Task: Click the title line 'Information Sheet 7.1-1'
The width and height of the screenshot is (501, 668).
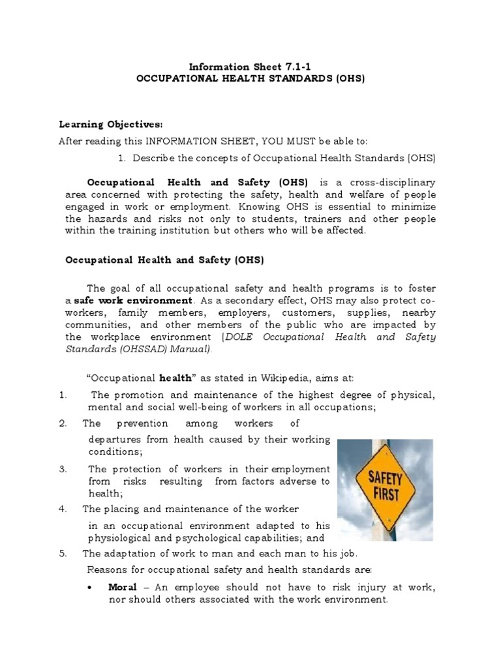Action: pos(250,67)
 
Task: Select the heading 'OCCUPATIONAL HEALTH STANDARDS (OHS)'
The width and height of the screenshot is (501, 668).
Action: pos(250,78)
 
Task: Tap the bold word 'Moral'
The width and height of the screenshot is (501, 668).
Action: pos(123,588)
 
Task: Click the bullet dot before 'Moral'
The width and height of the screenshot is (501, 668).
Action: pos(89,588)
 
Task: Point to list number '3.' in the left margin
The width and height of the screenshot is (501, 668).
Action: pos(63,469)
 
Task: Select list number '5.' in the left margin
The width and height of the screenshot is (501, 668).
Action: pos(63,553)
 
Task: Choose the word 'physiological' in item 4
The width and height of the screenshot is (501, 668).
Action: pos(119,539)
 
